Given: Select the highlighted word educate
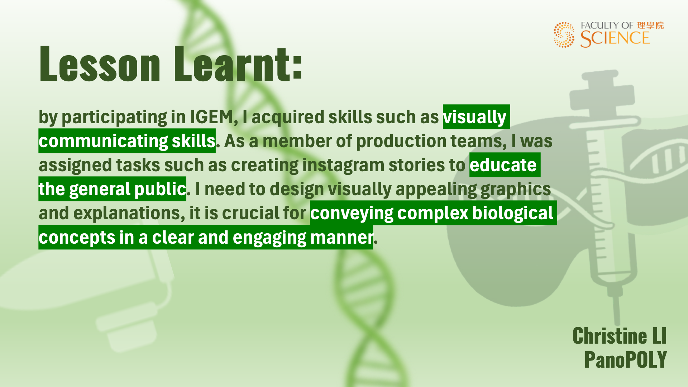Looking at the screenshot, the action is coord(503,165).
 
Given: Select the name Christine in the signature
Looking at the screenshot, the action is coord(610,336).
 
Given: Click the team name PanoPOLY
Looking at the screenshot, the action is coord(625,359).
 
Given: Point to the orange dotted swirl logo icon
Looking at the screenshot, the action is coord(564,35).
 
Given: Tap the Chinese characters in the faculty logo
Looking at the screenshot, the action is coord(650,25).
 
